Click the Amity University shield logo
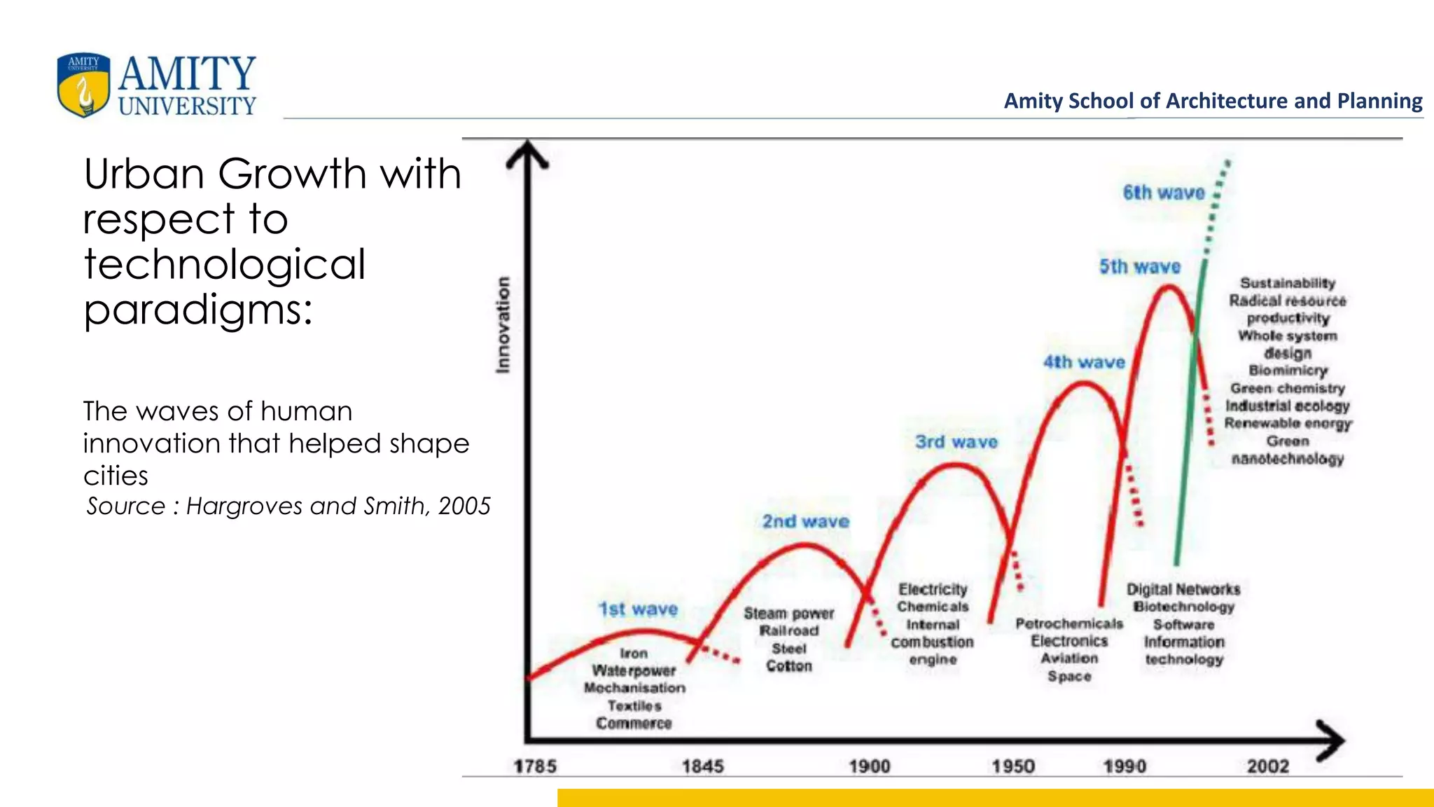[x=83, y=85]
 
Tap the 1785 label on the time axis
[x=535, y=766]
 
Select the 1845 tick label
[x=702, y=766]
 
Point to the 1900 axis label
[x=869, y=766]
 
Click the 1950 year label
[x=1012, y=766]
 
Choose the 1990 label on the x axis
[x=1125, y=766]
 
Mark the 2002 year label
[x=1267, y=766]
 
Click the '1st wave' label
[x=638, y=609]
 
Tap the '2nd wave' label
[x=805, y=522]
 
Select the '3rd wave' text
[x=956, y=442]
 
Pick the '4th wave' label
[x=1084, y=362]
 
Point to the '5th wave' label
[x=1139, y=267]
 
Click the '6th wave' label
[x=1163, y=193]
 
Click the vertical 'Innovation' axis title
[x=503, y=324]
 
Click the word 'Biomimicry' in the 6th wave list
[x=1288, y=371]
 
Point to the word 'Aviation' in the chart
[x=1069, y=658]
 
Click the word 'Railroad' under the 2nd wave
[x=788, y=631]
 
